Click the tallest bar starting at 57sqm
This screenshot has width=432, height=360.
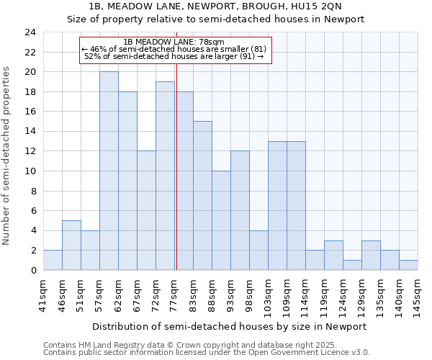coord(109,171)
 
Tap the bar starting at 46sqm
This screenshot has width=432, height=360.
coord(71,245)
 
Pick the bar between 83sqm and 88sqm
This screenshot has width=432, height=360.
coord(202,195)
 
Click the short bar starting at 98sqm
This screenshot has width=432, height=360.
coord(258,250)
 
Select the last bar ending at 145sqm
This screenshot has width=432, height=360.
coord(408,265)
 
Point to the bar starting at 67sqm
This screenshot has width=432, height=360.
coord(146,210)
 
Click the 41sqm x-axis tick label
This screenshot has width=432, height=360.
coord(43,294)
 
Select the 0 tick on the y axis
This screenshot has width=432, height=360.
coord(32,271)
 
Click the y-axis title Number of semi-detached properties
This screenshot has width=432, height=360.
coord(7,156)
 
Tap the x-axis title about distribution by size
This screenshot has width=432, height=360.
coord(230,326)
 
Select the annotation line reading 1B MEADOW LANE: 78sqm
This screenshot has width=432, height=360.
coord(174,42)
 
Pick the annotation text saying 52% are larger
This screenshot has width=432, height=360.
coord(174,55)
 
